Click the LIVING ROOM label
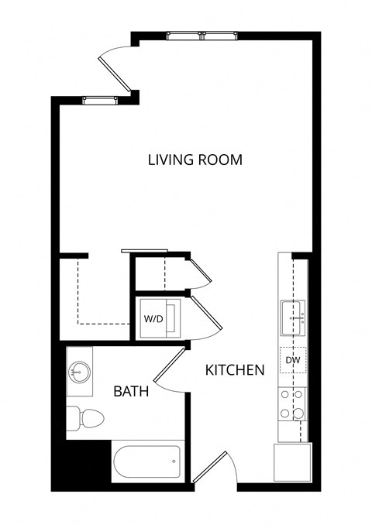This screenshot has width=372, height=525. (x=195, y=160)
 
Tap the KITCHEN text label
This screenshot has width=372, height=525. (x=234, y=370)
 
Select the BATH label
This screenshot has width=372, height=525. (x=131, y=391)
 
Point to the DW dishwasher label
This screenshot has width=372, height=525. (x=293, y=360)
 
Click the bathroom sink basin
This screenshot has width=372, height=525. (x=78, y=372)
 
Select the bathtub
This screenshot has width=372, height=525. (x=147, y=462)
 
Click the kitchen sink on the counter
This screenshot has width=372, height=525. (x=294, y=316)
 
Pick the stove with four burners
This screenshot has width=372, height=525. (x=293, y=403)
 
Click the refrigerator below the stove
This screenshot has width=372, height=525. (x=292, y=464)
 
